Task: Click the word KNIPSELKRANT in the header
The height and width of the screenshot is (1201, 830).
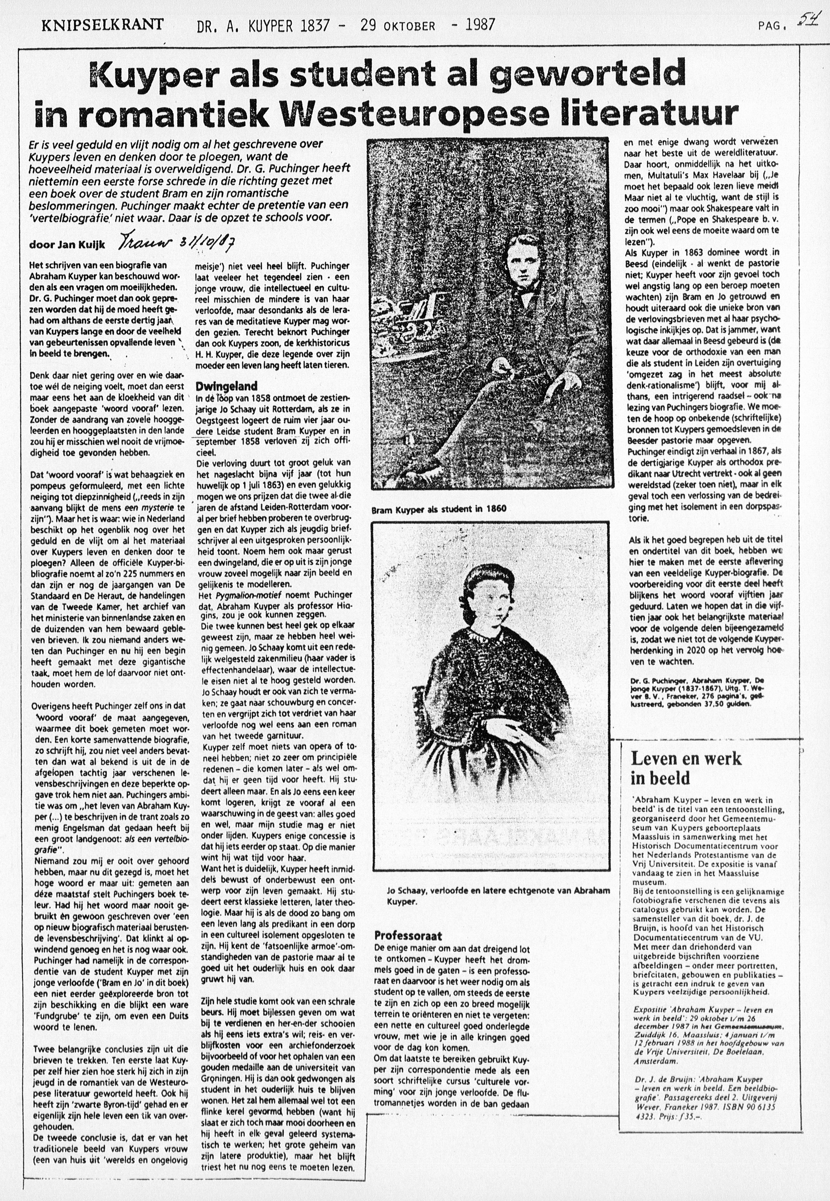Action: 102,24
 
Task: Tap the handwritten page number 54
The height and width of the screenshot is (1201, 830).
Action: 808,22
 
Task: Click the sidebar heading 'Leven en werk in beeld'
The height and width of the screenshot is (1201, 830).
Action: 686,769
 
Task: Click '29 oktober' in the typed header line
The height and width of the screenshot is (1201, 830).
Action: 398,25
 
